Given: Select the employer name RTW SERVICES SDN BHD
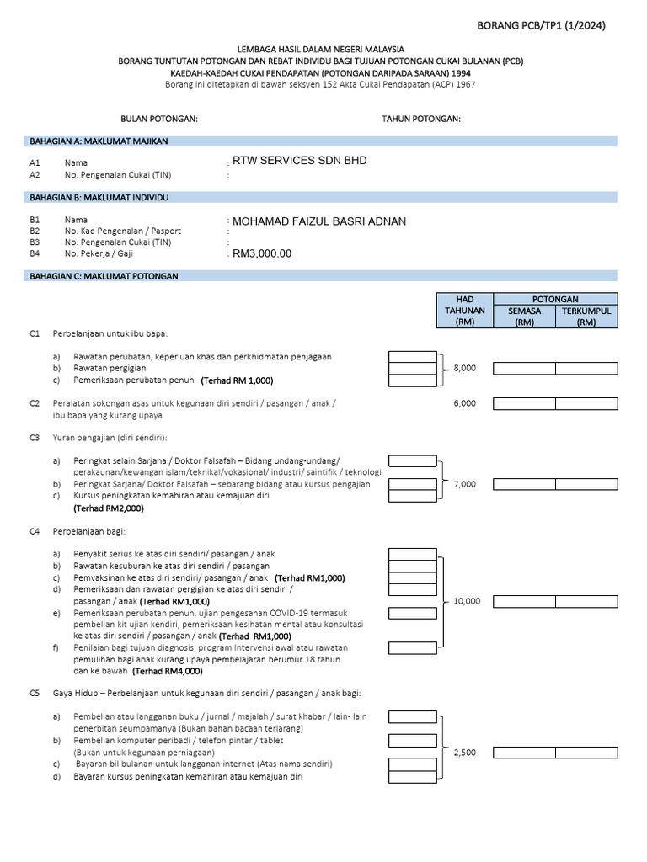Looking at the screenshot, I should [x=299, y=160].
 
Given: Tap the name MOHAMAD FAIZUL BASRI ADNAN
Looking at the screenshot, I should [x=318, y=221].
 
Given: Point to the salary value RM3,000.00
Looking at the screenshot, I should [x=262, y=253].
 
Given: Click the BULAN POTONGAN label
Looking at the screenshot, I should [x=159, y=119].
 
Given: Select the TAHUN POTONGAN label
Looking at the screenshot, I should [x=421, y=119].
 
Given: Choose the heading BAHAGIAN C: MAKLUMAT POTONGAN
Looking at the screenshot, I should [x=104, y=276].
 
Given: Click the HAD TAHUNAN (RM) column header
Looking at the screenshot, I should [x=465, y=311].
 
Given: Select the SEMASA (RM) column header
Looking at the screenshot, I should [x=524, y=317].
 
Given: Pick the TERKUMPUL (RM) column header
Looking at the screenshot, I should [x=586, y=317].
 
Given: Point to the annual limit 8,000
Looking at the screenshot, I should [x=464, y=368].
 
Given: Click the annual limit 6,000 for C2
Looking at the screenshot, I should [x=464, y=403].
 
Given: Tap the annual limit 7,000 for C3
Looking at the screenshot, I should [x=464, y=484].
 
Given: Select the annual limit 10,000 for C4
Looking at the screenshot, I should [x=467, y=601].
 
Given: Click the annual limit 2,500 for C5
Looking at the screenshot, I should [x=464, y=753].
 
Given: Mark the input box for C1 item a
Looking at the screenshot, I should [x=412, y=357].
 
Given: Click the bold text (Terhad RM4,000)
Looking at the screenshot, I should [x=168, y=672].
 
